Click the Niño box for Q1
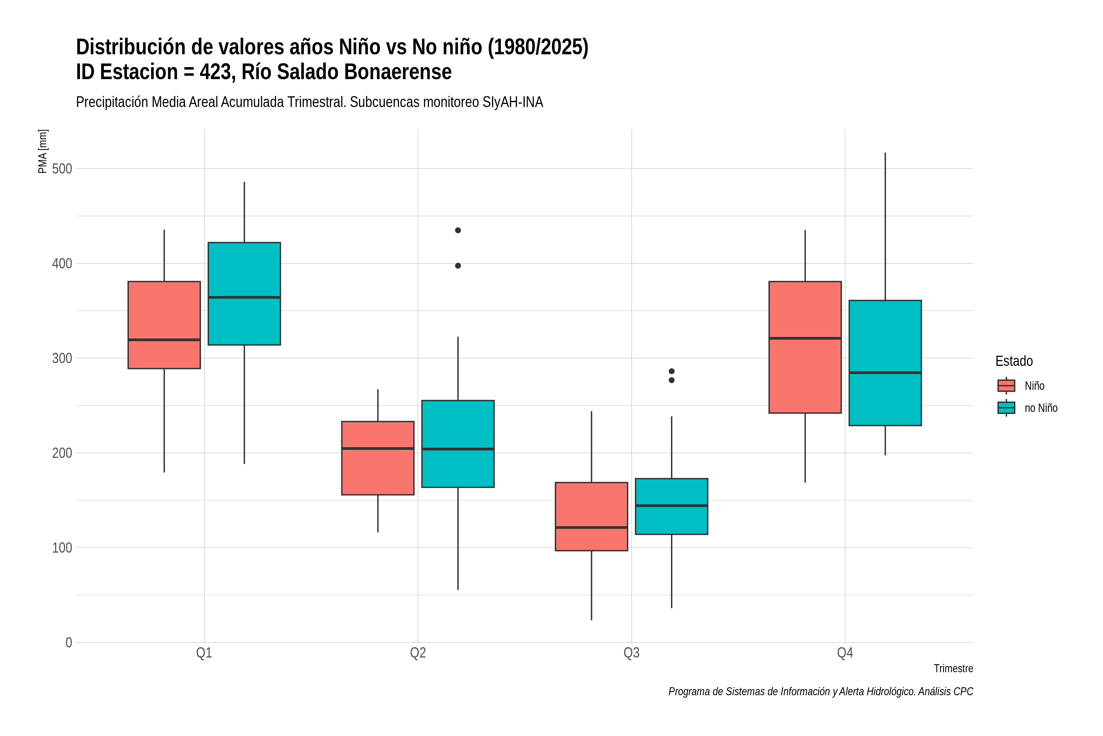(x=164, y=325)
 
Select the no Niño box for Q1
(x=244, y=293)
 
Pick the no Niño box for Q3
(x=672, y=507)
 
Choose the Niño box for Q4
(x=805, y=347)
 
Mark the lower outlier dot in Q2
(x=458, y=266)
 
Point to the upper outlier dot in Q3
(x=672, y=371)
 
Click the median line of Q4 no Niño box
(x=885, y=373)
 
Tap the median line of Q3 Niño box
(x=591, y=527)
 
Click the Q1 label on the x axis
(x=204, y=653)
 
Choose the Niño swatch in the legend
(x=1006, y=385)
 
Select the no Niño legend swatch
(x=1006, y=408)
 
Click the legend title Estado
(x=1014, y=361)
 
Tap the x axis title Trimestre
(x=953, y=669)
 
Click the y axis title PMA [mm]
(x=43, y=151)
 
